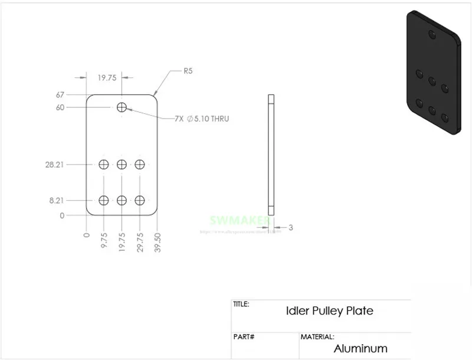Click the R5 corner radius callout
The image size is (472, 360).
[188, 71]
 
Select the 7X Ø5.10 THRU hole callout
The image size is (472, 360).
[202, 119]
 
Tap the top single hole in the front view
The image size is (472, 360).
[122, 107]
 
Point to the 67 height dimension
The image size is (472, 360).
[60, 95]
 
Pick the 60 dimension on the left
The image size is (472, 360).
[60, 107]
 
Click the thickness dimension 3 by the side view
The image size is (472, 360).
[290, 227]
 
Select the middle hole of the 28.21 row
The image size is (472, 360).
[122, 163]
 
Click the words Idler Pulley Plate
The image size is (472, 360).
[329, 310]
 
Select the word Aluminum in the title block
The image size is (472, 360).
[360, 348]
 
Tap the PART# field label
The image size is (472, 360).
[244, 337]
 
